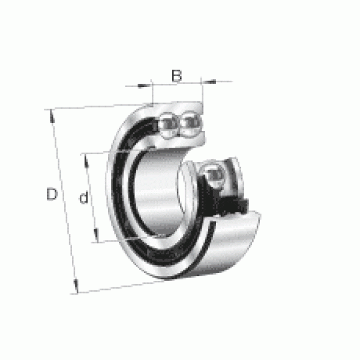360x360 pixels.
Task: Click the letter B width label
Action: point(177,76)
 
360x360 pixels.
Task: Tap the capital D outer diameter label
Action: point(52,194)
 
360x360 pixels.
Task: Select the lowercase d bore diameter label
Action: point(83,197)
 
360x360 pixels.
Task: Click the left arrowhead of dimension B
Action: point(142,86)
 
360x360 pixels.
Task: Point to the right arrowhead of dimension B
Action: point(211,81)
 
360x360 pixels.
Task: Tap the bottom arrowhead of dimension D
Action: point(76,286)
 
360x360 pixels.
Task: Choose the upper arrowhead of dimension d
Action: point(86,160)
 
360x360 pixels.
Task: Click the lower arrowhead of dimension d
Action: point(97,235)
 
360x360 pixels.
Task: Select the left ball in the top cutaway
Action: point(169,125)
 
